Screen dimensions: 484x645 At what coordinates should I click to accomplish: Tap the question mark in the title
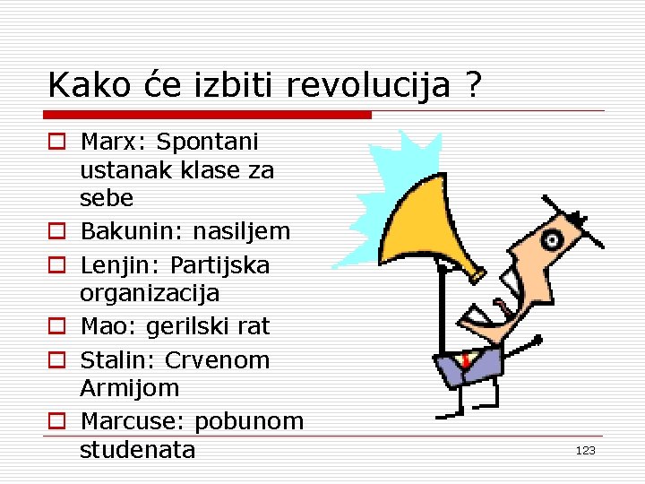pyautogui.click(x=473, y=86)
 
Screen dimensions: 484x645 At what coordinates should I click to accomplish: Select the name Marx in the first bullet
pyautogui.click(x=112, y=142)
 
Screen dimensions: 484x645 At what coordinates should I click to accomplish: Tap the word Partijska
pyautogui.click(x=219, y=266)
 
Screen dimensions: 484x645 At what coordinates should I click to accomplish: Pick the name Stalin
pyautogui.click(x=116, y=360)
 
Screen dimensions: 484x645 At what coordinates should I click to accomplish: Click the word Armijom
pyautogui.click(x=130, y=388)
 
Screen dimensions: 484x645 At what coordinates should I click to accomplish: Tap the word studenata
pyautogui.click(x=137, y=449)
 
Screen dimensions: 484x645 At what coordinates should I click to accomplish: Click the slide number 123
pyautogui.click(x=585, y=451)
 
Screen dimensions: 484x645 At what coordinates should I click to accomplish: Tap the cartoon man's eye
pyautogui.click(x=553, y=240)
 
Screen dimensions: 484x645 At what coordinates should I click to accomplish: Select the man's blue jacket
pyautogui.click(x=475, y=367)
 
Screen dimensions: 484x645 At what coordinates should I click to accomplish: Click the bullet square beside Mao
pyautogui.click(x=56, y=327)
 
